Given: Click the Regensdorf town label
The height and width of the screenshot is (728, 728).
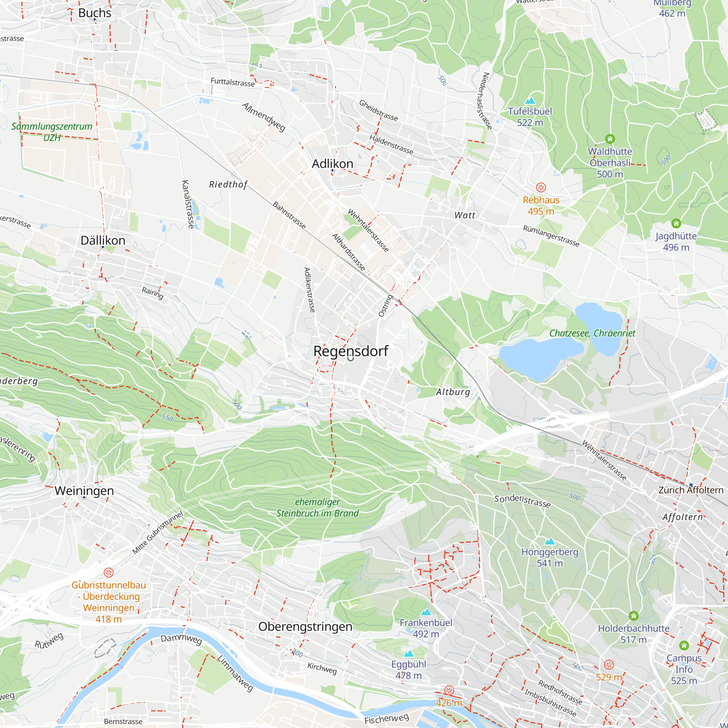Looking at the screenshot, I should tap(351, 351).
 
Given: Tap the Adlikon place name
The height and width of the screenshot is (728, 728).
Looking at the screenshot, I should tap(332, 163).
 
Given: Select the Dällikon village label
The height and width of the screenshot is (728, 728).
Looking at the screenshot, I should tap(103, 240).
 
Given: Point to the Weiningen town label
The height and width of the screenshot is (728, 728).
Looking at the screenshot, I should tap(84, 491).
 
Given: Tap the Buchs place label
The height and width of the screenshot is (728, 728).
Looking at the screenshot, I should tap(95, 13).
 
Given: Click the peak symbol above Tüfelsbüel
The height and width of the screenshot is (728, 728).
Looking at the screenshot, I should tap(530, 100).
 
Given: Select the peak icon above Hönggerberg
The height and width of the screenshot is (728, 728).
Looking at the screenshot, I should tap(550, 542).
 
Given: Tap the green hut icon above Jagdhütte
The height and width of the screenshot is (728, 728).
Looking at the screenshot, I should tap(676, 223).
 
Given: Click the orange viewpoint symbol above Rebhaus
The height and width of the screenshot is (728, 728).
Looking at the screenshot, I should tap(541, 187).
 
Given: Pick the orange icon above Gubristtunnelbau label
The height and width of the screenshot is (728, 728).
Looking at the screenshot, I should tap(108, 573).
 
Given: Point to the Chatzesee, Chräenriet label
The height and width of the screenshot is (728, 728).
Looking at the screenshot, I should tap(592, 333).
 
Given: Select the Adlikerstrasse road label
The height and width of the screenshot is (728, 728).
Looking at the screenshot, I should tap(309, 290).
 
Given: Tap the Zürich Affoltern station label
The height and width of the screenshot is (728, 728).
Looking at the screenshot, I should tap(691, 490).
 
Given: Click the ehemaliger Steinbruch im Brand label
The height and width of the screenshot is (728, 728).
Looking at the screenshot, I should tap(317, 507).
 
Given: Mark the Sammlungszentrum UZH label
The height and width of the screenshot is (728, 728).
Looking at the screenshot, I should tap(52, 132).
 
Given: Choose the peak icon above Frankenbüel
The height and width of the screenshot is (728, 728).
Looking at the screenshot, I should tap(426, 612).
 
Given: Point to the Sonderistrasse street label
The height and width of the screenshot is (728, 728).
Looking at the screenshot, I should tap(522, 501).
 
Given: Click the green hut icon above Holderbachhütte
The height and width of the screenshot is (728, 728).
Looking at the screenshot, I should tap(633, 616).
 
